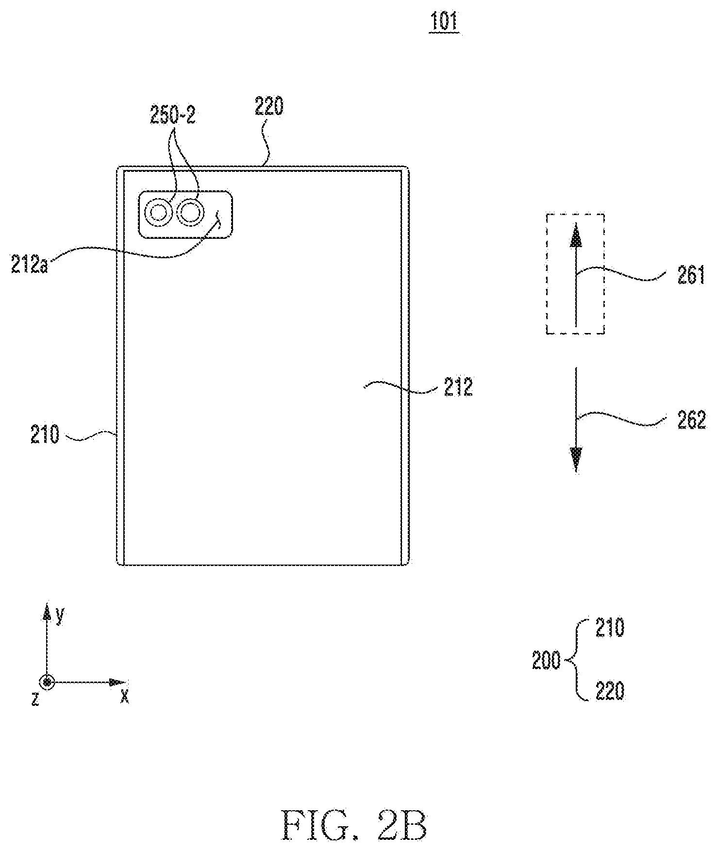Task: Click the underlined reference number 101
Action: pos(444,23)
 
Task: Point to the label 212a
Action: pos(30,266)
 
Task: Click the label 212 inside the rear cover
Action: pos(458,387)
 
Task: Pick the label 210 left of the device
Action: pos(44,434)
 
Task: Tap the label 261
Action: pos(690,276)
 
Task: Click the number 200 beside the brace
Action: pos(547,661)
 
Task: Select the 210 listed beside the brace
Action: pos(609,629)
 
